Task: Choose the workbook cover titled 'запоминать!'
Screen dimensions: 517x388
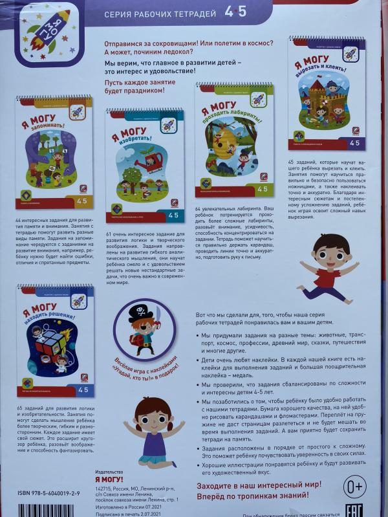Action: (x=54, y=153)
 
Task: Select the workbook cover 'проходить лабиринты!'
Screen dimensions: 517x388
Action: (x=234, y=139)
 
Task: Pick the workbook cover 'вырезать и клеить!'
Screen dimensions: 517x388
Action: (x=327, y=93)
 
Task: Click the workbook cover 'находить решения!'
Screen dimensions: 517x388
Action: (x=55, y=340)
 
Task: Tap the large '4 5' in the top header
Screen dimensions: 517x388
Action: (x=236, y=11)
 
